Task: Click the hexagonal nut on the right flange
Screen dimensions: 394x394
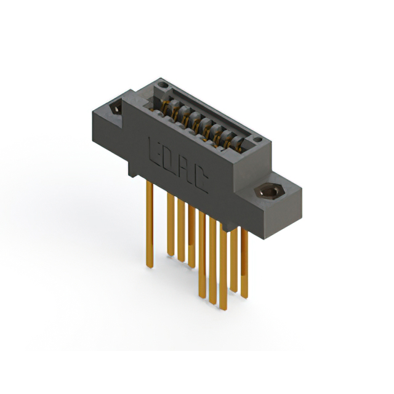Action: pos(269,191)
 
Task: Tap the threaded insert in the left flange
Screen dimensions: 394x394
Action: pos(116,109)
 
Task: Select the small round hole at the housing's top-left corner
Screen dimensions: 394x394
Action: pos(163,85)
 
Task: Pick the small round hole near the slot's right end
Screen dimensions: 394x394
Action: pos(257,140)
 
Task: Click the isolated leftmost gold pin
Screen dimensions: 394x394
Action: pos(150,224)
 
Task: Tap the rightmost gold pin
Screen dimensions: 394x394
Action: pos(244,263)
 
